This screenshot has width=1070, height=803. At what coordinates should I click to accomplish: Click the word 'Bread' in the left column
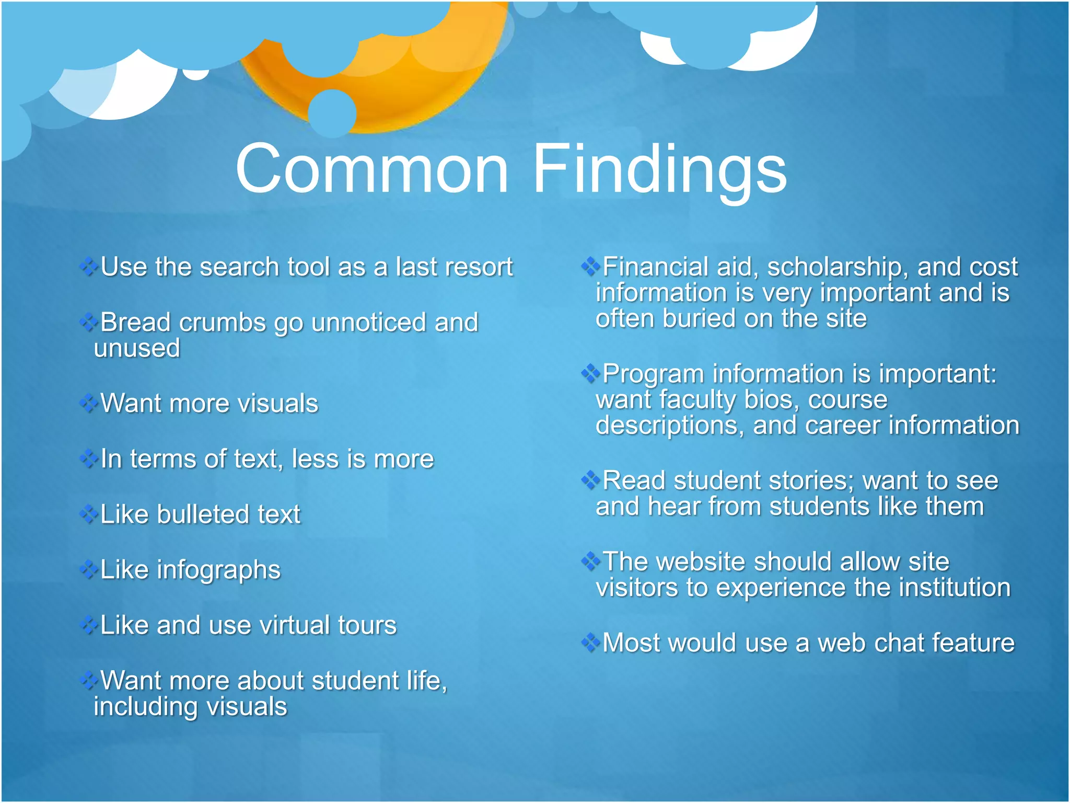(x=135, y=322)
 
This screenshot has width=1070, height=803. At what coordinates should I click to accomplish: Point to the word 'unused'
(x=137, y=348)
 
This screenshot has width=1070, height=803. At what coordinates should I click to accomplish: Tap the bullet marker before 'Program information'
(x=590, y=373)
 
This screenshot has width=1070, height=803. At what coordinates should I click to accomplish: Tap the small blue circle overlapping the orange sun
(x=332, y=113)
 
